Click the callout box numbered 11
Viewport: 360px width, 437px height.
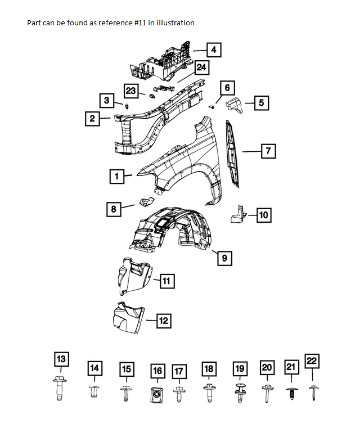click(167, 280)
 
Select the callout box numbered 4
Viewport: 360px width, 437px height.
click(213, 50)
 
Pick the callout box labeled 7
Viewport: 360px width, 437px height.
click(269, 151)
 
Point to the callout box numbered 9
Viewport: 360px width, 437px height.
click(224, 258)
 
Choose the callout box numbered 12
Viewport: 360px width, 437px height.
click(163, 321)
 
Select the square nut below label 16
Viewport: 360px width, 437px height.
click(157, 394)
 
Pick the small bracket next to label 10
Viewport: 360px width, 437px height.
click(239, 214)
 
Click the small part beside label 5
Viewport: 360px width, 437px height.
click(234, 105)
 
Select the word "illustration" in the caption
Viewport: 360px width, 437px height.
click(175, 23)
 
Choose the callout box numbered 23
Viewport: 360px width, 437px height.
click(131, 90)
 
